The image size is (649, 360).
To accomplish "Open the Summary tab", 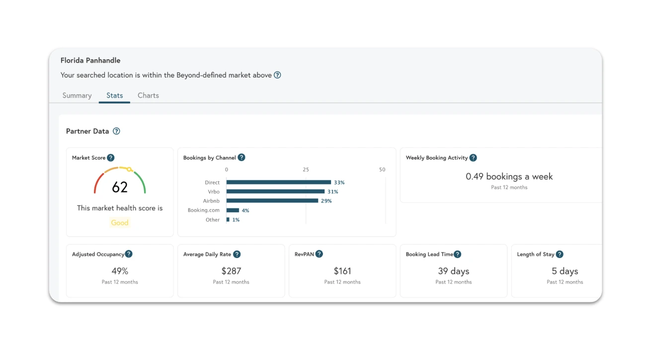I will (77, 95).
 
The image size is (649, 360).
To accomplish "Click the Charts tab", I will (148, 95).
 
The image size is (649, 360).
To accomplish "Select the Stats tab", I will (114, 95).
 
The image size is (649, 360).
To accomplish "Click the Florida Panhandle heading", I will (90, 60).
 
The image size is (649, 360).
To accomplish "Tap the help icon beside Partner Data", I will (116, 131).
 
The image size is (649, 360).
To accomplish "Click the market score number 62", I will (120, 187).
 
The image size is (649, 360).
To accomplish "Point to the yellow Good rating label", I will (120, 223).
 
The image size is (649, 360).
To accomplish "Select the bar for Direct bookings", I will (279, 182).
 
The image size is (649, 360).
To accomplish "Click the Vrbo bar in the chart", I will (275, 191).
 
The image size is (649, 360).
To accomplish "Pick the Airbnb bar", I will (272, 201).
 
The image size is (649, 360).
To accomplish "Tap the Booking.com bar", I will (233, 210).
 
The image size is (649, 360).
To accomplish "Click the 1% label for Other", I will (236, 220).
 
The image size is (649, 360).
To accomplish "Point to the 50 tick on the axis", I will (382, 170).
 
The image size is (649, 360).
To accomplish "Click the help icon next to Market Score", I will (111, 158).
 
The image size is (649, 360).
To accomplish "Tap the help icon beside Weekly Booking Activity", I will (473, 158).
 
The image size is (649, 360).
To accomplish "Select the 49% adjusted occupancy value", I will (120, 271).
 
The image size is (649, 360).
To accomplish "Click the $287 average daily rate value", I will (231, 271).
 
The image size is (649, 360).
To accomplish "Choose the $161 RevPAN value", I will (342, 271).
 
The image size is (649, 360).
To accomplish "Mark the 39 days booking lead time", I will (453, 271).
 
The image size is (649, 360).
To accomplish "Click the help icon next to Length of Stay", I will (560, 254).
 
